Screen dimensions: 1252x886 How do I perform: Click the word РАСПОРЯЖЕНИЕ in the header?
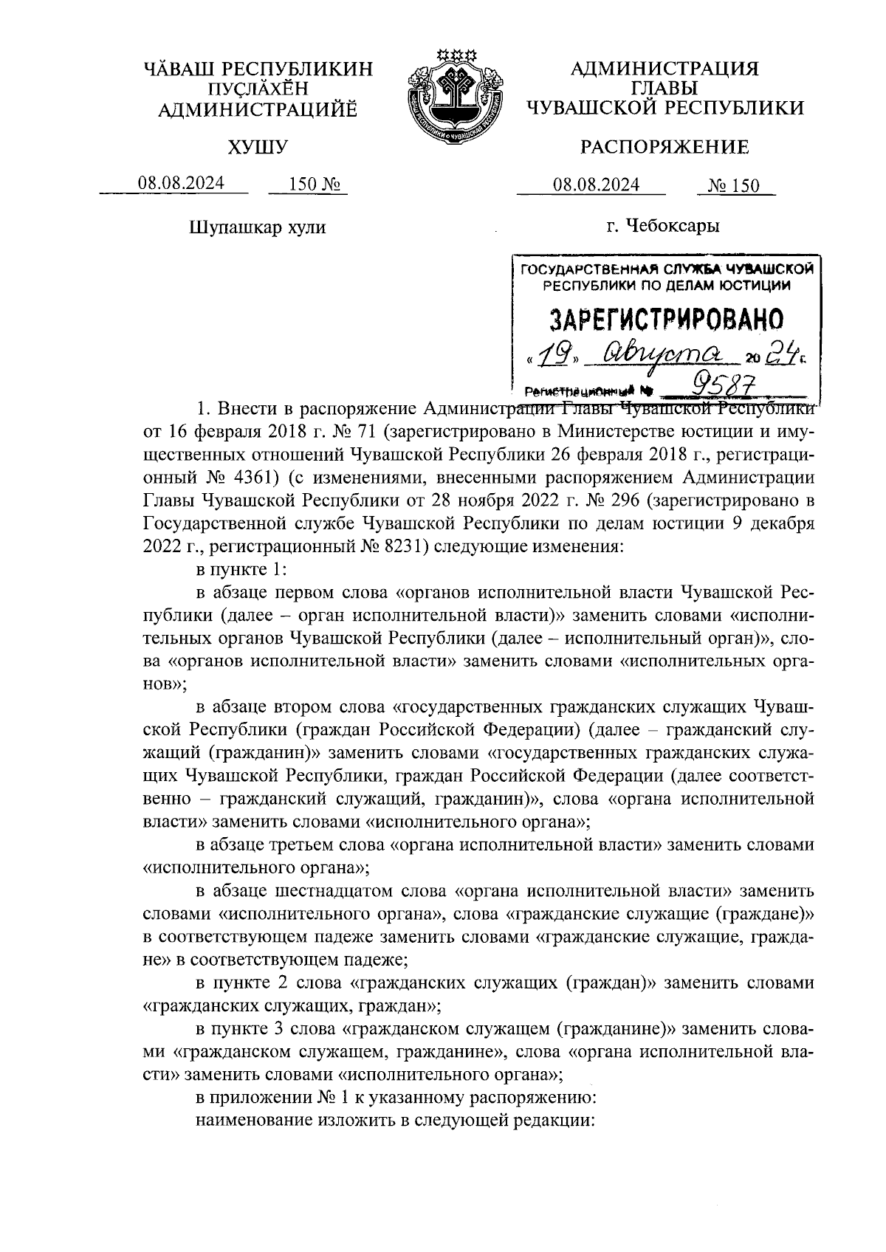click(x=664, y=148)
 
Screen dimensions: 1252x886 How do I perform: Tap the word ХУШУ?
click(x=258, y=148)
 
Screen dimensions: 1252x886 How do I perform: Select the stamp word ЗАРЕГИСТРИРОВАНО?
click(x=667, y=319)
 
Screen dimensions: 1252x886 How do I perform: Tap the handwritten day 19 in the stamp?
click(x=550, y=358)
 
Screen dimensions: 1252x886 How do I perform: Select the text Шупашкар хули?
click(x=258, y=227)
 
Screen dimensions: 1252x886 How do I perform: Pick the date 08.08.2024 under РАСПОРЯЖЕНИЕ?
click(x=597, y=185)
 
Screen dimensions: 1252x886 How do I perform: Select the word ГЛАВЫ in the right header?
click(x=664, y=89)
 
